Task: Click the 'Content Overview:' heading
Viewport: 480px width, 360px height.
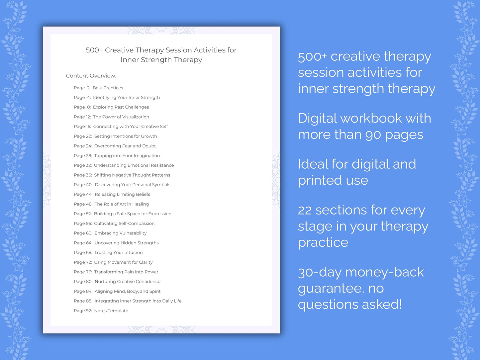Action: [91, 76]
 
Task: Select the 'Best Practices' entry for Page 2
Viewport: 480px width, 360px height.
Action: [108, 88]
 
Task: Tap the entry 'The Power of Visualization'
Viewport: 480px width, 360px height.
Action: [121, 117]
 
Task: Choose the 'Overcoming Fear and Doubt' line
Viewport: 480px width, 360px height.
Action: [125, 146]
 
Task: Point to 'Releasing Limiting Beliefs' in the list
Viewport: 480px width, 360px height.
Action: [122, 194]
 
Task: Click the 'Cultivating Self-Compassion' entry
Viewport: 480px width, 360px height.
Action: [124, 224]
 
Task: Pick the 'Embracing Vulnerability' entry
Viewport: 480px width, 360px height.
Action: [120, 233]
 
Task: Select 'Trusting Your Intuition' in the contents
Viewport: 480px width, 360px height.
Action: [118, 252]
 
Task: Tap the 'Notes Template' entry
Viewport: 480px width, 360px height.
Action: [111, 311]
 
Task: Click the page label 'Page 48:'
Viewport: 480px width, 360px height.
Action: [83, 204]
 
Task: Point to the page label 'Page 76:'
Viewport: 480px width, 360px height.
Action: [83, 272]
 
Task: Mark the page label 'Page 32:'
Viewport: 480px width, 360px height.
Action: [83, 165]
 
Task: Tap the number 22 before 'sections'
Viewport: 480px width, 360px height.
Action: [305, 210]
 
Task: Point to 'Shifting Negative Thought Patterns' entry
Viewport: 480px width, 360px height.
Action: [132, 175]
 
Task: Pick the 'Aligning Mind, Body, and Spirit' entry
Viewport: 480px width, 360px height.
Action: [127, 291]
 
